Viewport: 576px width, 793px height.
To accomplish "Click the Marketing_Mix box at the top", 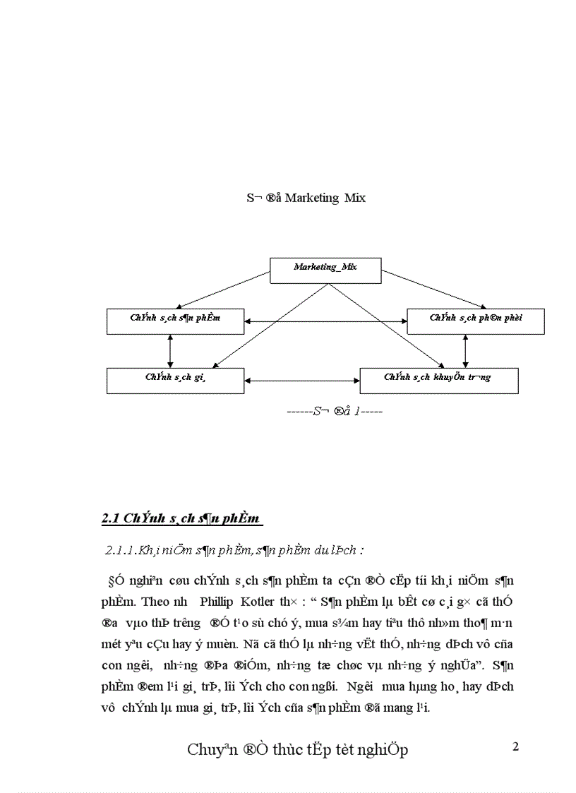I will click(x=325, y=267).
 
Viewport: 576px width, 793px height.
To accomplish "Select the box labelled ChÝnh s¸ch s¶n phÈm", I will click(x=175, y=318).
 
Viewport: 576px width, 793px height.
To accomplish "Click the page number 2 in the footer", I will click(x=515, y=746).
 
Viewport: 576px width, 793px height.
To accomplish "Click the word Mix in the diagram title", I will click(x=355, y=198).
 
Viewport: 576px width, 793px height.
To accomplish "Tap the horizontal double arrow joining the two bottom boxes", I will click(x=302, y=382).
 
